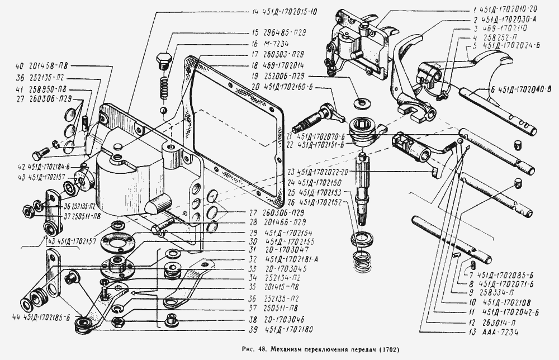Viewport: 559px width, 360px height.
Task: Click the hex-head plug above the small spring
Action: tap(164, 61)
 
